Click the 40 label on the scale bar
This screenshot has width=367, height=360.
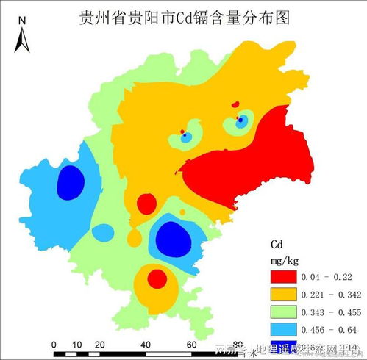click(x=146, y=345)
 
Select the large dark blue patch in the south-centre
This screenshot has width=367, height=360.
click(x=174, y=237)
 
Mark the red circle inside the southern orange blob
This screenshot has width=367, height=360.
click(x=157, y=278)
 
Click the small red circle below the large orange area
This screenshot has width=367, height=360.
click(x=146, y=203)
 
